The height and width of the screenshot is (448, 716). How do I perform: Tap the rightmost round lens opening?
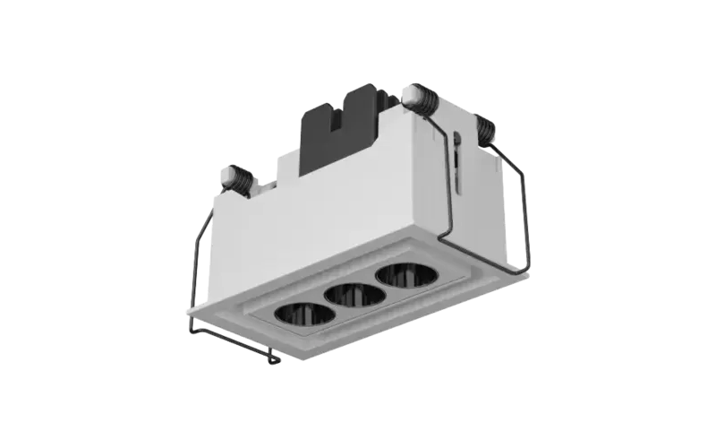[401, 275]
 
